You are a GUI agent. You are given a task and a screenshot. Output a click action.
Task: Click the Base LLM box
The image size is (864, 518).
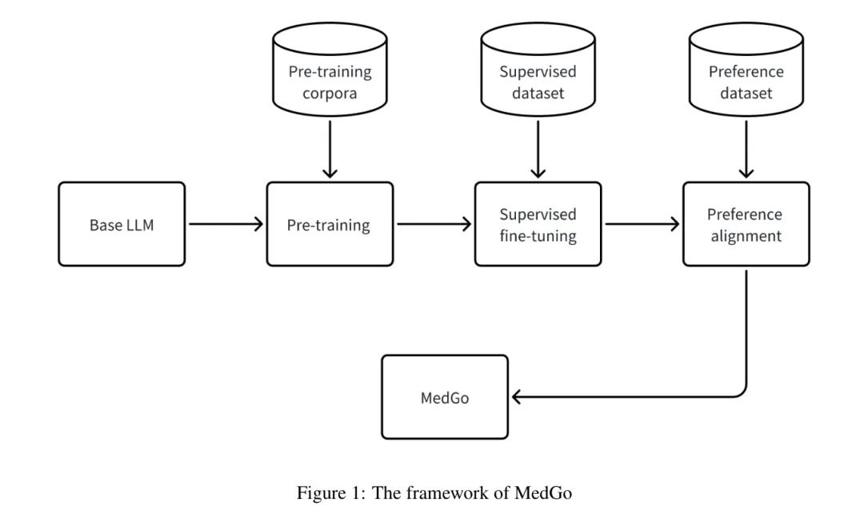click(122, 224)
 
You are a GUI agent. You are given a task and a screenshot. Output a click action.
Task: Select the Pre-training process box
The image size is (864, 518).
click(329, 224)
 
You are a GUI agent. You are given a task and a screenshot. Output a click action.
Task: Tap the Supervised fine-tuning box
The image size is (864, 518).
click(538, 224)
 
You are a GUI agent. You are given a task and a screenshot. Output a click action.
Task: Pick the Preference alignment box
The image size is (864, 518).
click(746, 224)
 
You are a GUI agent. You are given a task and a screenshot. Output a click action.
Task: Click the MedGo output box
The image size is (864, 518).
click(445, 397)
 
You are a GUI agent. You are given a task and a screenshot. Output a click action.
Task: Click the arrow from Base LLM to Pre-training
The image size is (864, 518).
click(226, 224)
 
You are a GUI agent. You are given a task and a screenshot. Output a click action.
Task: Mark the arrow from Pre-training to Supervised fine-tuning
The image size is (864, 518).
click(434, 224)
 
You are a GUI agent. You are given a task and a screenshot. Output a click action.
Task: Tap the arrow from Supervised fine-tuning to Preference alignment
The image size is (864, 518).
click(642, 224)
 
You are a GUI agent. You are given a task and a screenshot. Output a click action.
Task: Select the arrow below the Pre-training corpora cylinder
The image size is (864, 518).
click(330, 147)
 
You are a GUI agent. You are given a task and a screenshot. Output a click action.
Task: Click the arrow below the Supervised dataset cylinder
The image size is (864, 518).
click(538, 147)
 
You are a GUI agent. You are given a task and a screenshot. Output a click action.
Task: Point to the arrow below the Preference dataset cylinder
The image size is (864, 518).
click(746, 147)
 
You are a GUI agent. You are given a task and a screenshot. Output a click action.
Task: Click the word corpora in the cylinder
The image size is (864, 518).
click(330, 93)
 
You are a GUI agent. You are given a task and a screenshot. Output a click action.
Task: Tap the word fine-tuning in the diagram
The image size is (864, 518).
click(538, 237)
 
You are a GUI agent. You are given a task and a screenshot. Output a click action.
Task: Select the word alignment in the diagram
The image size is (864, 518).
click(746, 237)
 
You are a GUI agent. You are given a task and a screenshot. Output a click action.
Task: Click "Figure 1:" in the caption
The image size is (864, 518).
click(325, 493)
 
